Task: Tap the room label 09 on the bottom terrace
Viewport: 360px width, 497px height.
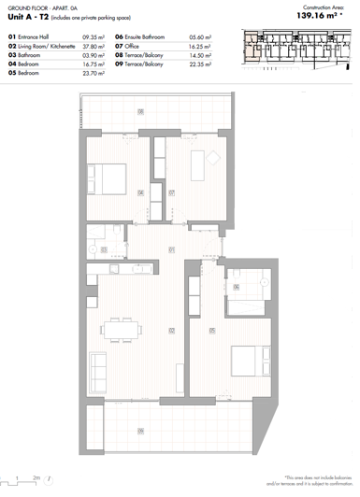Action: [x=141, y=430]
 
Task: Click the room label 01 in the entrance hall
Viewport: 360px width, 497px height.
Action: [x=171, y=249]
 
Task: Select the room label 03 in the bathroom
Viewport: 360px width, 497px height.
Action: [x=104, y=248]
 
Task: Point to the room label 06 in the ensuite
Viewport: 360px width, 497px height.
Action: [x=237, y=287]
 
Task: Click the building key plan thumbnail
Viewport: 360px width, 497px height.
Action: [x=297, y=49]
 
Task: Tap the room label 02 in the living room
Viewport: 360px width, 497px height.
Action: [x=171, y=330]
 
